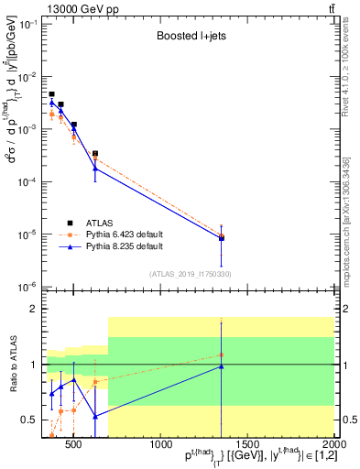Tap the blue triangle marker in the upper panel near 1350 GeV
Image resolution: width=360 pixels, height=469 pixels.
click(221, 237)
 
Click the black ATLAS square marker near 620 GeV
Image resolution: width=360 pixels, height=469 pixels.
click(95, 154)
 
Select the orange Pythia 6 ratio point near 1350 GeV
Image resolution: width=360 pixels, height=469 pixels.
click(221, 354)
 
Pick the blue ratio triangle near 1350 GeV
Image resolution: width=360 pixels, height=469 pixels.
click(221, 366)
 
